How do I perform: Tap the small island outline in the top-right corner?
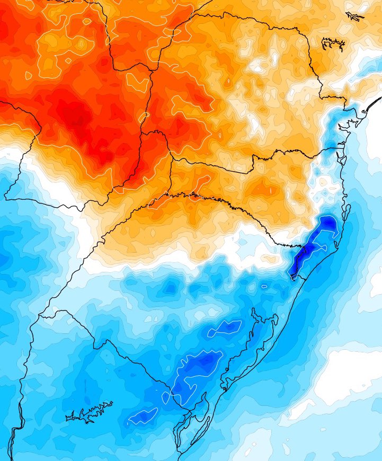click(x=354, y=16)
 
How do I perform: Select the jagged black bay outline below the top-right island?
click(x=333, y=44)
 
